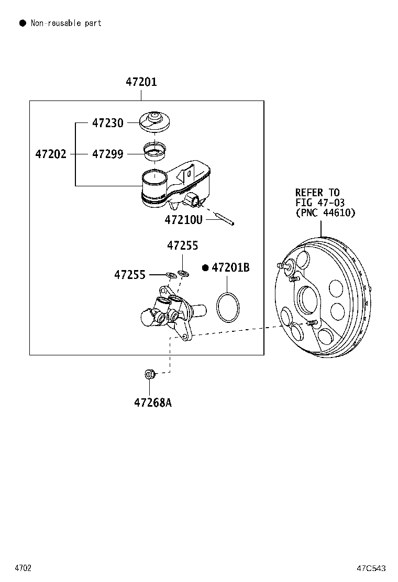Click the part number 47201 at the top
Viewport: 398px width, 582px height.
(141, 82)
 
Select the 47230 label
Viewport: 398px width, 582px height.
(108, 123)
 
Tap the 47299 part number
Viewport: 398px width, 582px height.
(108, 154)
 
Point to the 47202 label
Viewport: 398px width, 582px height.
(51, 154)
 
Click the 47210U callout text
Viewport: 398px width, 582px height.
(183, 220)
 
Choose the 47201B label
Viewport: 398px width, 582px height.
(230, 268)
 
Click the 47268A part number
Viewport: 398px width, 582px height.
(152, 402)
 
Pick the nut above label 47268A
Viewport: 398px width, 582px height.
(149, 374)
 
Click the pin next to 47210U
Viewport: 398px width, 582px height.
(224, 219)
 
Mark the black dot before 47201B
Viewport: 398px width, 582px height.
(205, 268)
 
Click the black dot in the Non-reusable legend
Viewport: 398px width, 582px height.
(23, 23)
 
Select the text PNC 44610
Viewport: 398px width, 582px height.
(325, 212)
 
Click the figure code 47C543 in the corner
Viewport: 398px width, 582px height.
(371, 568)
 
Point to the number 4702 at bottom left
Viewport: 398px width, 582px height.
(23, 568)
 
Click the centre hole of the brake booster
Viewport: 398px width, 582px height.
(307, 301)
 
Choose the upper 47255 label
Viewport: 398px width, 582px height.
(183, 245)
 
